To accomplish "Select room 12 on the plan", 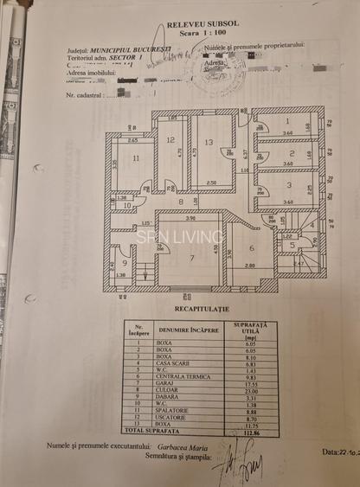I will [170, 139].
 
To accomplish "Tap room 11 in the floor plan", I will [137, 159].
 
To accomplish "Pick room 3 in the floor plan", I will [286, 184].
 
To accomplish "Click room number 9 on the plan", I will [125, 263].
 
